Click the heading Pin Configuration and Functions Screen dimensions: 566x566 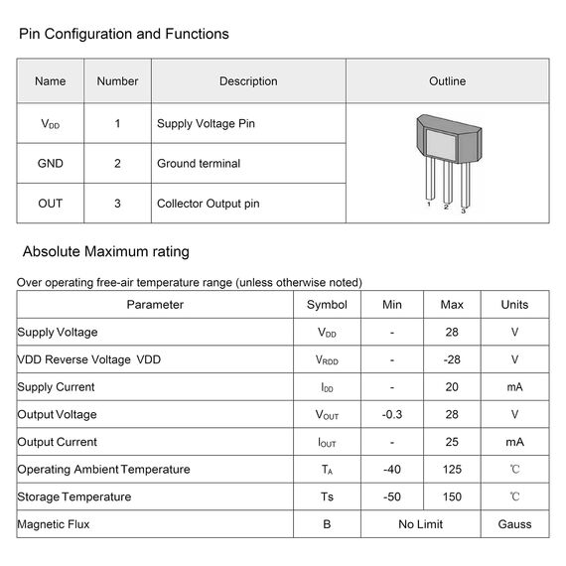click(124, 34)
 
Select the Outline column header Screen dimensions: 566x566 click(447, 81)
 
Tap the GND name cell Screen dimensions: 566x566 click(50, 164)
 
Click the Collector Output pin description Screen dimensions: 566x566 click(209, 204)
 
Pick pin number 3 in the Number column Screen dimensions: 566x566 click(117, 204)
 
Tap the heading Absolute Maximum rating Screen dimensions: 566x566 click(106, 251)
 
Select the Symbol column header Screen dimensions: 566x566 click(327, 305)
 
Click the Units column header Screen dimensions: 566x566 click(514, 305)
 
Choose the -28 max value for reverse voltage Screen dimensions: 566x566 click(452, 359)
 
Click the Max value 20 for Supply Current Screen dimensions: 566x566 click(452, 387)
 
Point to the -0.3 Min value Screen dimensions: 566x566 click(392, 415)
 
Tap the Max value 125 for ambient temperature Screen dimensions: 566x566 click(452, 470)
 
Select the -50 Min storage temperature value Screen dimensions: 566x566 click(392, 496)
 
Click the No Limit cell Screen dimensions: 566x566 click(421, 524)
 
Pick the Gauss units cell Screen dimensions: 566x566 click(514, 524)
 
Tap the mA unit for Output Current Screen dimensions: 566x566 click(514, 442)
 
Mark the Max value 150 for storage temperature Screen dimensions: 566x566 click(452, 496)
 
